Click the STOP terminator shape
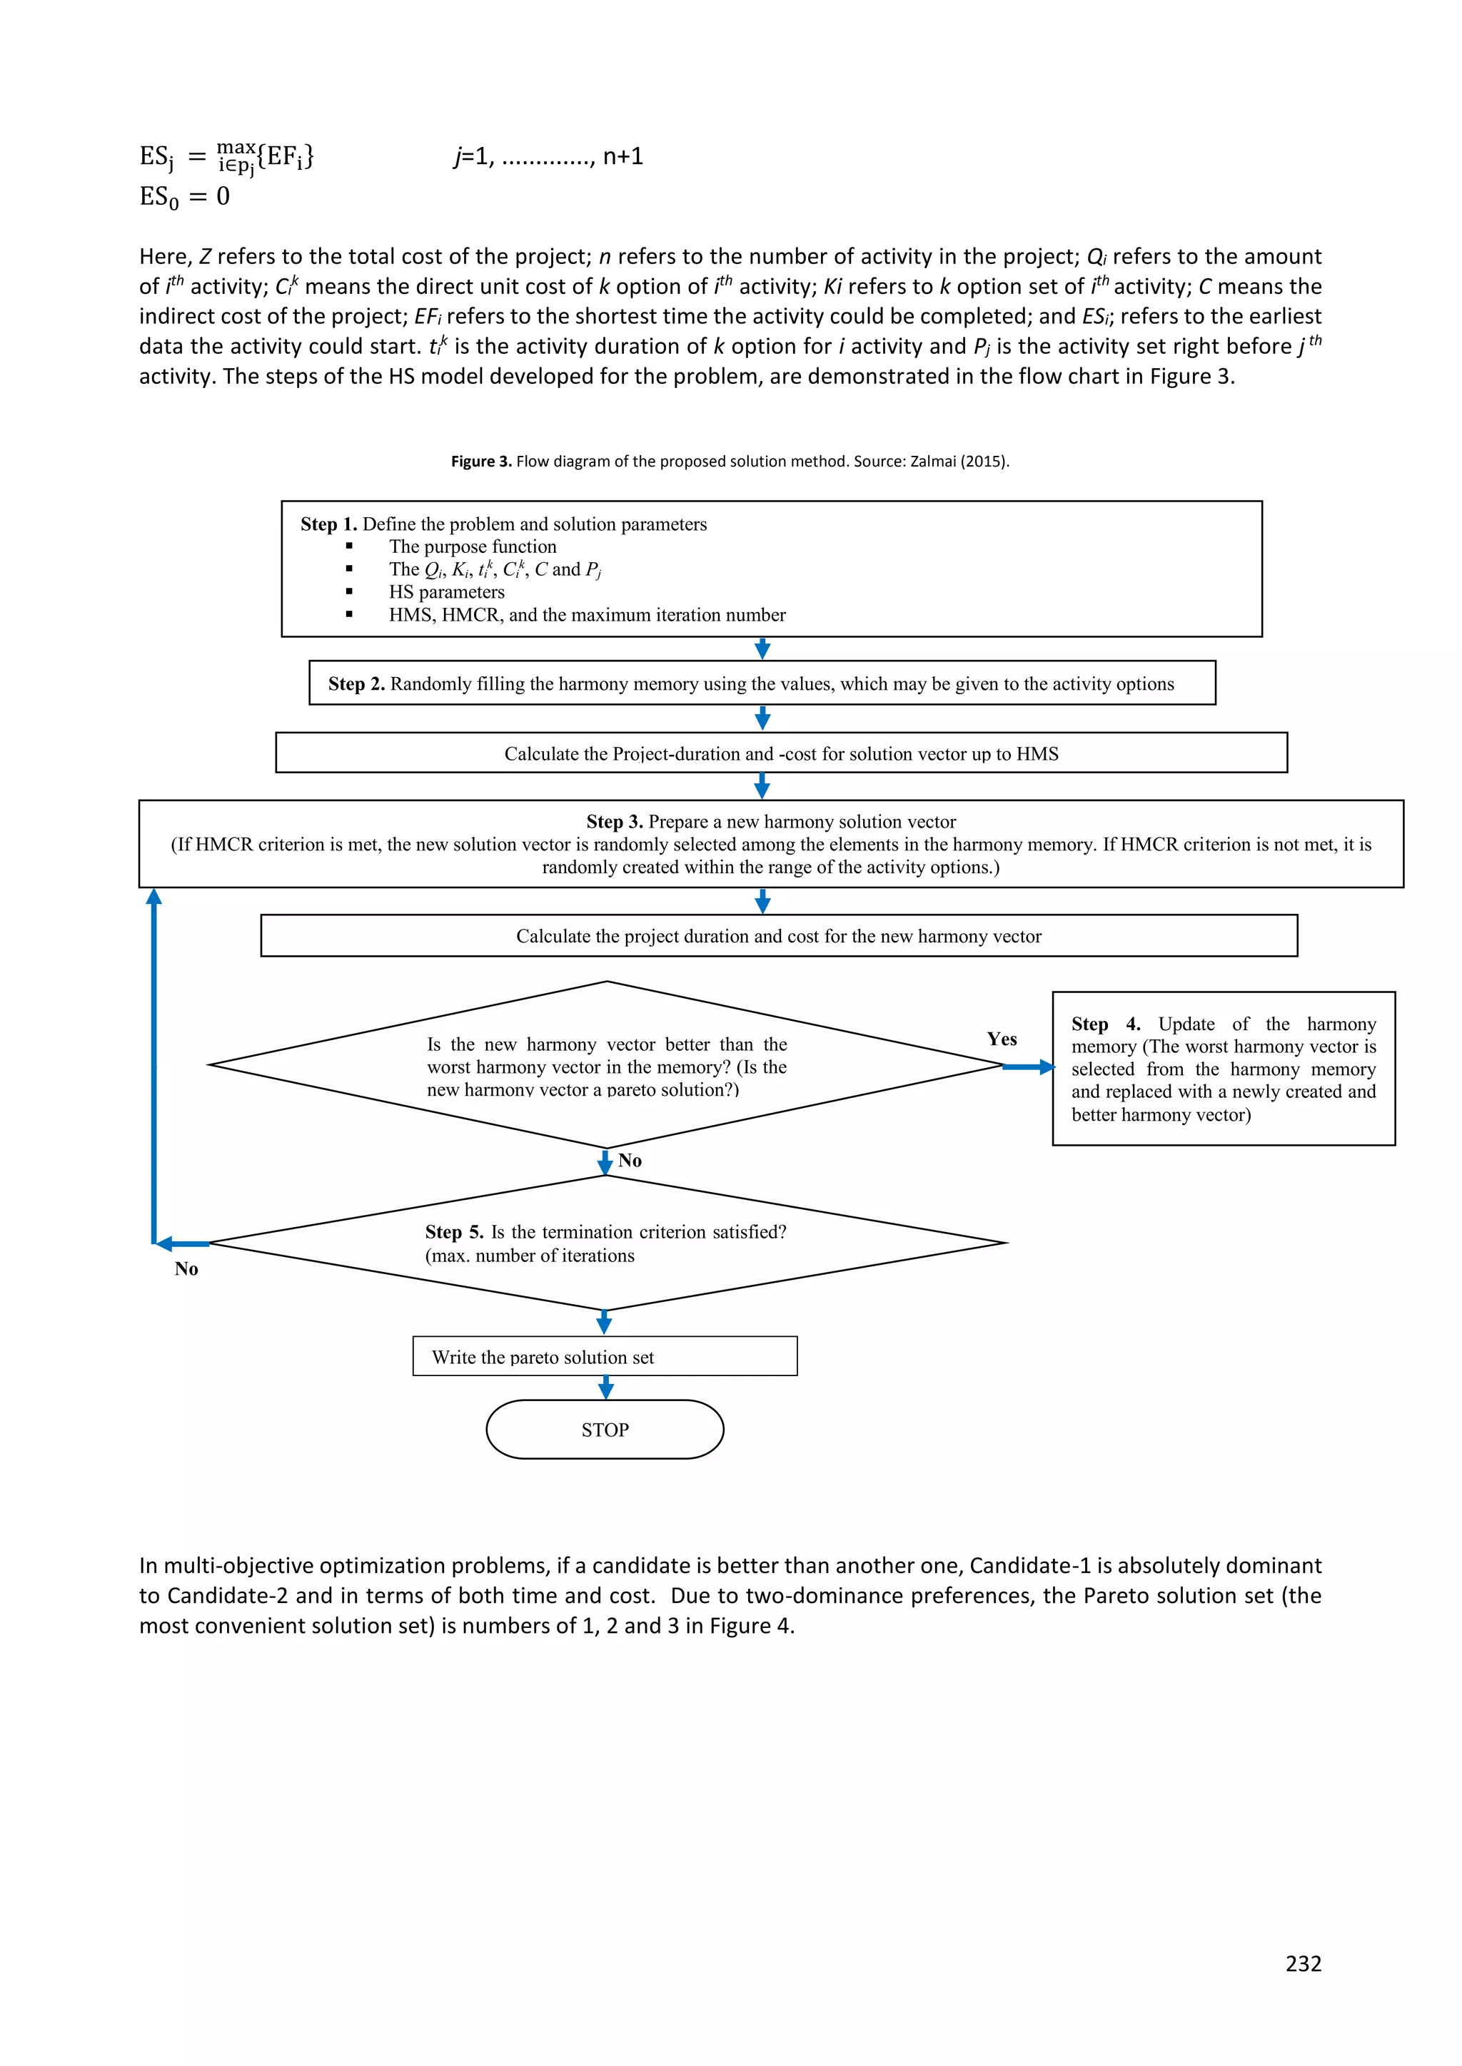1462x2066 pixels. pyautogui.click(x=604, y=1429)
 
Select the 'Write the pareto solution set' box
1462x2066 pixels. pyautogui.click(x=604, y=1356)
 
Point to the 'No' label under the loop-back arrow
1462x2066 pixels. pyautogui.click(x=186, y=1268)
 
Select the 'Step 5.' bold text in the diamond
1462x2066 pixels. pyautogui.click(x=454, y=1232)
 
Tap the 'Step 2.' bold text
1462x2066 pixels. pyautogui.click(x=356, y=684)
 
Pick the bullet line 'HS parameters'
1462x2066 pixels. pyautogui.click(x=446, y=592)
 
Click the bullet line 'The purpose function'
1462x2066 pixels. pyautogui.click(x=473, y=547)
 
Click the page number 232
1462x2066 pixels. pyautogui.click(x=1303, y=1963)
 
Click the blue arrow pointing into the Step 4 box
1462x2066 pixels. pyautogui.click(x=1028, y=1067)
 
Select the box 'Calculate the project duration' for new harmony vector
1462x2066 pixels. pyautogui.click(x=778, y=936)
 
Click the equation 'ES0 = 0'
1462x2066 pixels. pyautogui.click(x=185, y=196)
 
